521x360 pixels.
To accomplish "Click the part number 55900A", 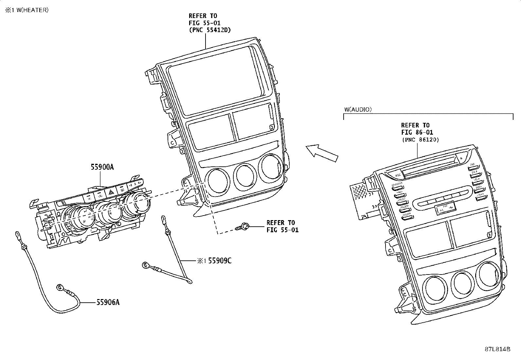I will coord(102,167).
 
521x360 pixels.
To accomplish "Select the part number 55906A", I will coord(108,302).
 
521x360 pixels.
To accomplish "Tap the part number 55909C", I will coord(220,261).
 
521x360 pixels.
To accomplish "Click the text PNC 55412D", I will coord(210,30).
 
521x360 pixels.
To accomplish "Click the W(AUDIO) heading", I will coord(358,109).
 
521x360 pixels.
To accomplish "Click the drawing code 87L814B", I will coord(497,349).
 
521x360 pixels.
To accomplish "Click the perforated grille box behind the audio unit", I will coord(360,192).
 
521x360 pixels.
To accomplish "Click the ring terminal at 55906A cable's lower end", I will coord(60,287).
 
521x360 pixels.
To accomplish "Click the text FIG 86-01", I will coord(417,133).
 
